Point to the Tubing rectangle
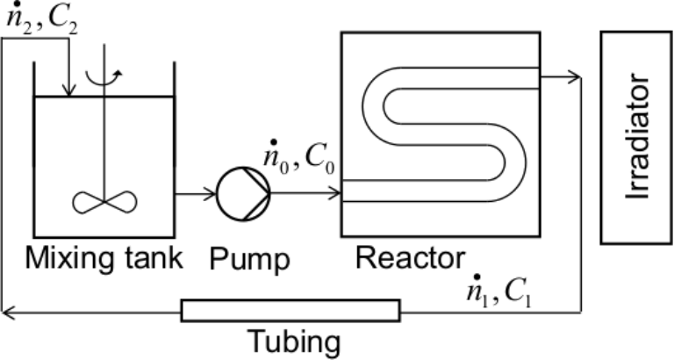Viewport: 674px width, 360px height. [290, 310]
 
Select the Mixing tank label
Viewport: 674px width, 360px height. [104, 260]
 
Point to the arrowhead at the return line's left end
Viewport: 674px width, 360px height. [7, 310]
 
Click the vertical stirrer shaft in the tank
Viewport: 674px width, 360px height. [105, 132]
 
